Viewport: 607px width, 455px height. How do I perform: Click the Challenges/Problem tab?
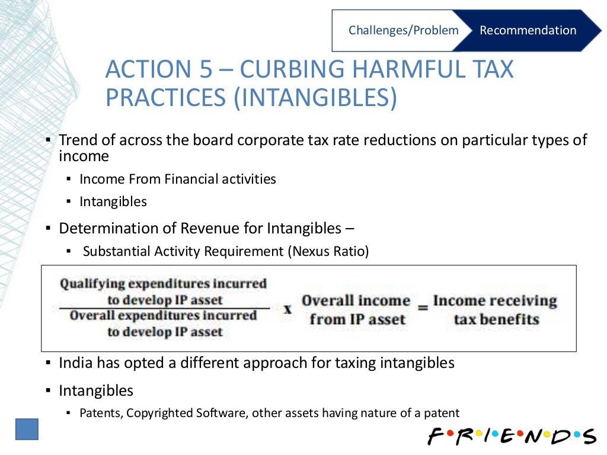click(x=403, y=30)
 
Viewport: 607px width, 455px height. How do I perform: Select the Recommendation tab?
click(x=528, y=30)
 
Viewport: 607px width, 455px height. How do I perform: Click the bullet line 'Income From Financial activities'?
click(x=178, y=179)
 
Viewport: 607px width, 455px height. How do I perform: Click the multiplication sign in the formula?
click(x=287, y=309)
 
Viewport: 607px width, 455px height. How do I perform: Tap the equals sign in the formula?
click(x=422, y=309)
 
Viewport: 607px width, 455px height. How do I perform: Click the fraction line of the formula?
click(x=164, y=308)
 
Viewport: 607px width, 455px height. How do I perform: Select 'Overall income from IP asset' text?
click(x=356, y=309)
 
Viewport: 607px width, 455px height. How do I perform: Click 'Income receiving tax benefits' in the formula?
click(x=496, y=309)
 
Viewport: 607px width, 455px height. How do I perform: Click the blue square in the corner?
click(x=27, y=429)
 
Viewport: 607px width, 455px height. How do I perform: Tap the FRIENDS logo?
click(x=512, y=435)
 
